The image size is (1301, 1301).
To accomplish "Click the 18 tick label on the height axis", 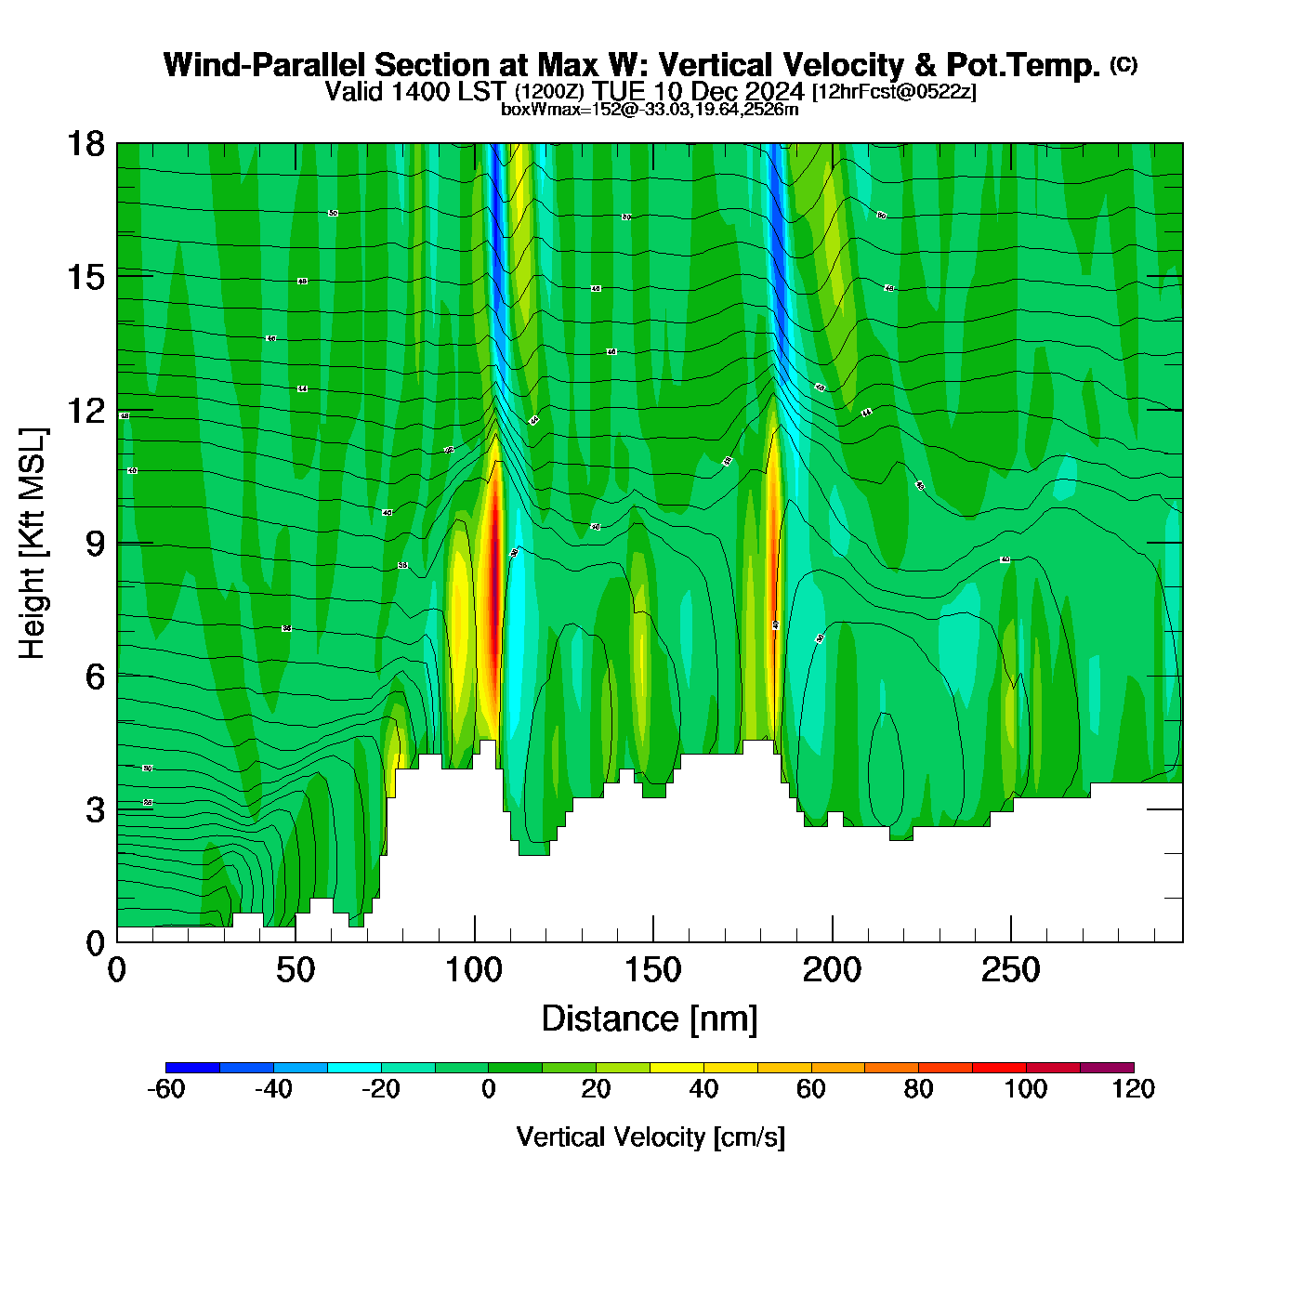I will tap(85, 144).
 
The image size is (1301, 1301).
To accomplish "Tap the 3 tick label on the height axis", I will tap(96, 810).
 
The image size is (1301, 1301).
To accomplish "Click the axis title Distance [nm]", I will tap(650, 1019).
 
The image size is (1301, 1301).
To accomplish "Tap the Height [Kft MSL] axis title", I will tap(33, 544).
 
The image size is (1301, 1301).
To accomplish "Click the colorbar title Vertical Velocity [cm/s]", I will tap(650, 1137).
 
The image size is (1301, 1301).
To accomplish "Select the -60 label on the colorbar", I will tap(166, 1089).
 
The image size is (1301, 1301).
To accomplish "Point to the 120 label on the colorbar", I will tap(1133, 1089).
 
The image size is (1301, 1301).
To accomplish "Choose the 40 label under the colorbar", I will tap(703, 1089).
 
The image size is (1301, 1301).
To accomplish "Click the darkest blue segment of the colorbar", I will tap(192, 1067).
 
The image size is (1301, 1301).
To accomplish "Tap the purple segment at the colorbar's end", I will tap(1107, 1067).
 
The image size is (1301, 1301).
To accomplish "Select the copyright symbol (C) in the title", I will tap(1124, 64).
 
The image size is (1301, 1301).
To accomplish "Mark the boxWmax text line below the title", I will tap(650, 110).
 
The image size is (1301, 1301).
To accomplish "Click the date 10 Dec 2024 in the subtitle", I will tap(729, 91).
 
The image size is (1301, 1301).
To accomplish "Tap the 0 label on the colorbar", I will tap(489, 1089).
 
